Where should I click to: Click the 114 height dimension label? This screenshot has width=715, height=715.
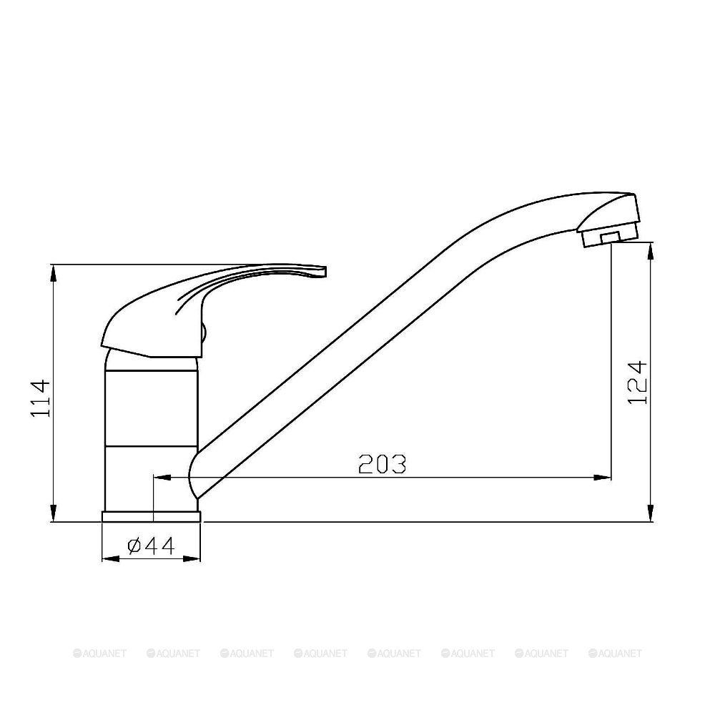(x=40, y=398)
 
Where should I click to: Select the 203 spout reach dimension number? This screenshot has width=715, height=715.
(x=382, y=464)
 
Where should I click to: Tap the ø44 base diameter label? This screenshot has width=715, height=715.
(x=151, y=546)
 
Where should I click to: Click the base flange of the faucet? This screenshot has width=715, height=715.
(x=151, y=517)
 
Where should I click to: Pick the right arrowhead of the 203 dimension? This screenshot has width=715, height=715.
(x=602, y=478)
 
